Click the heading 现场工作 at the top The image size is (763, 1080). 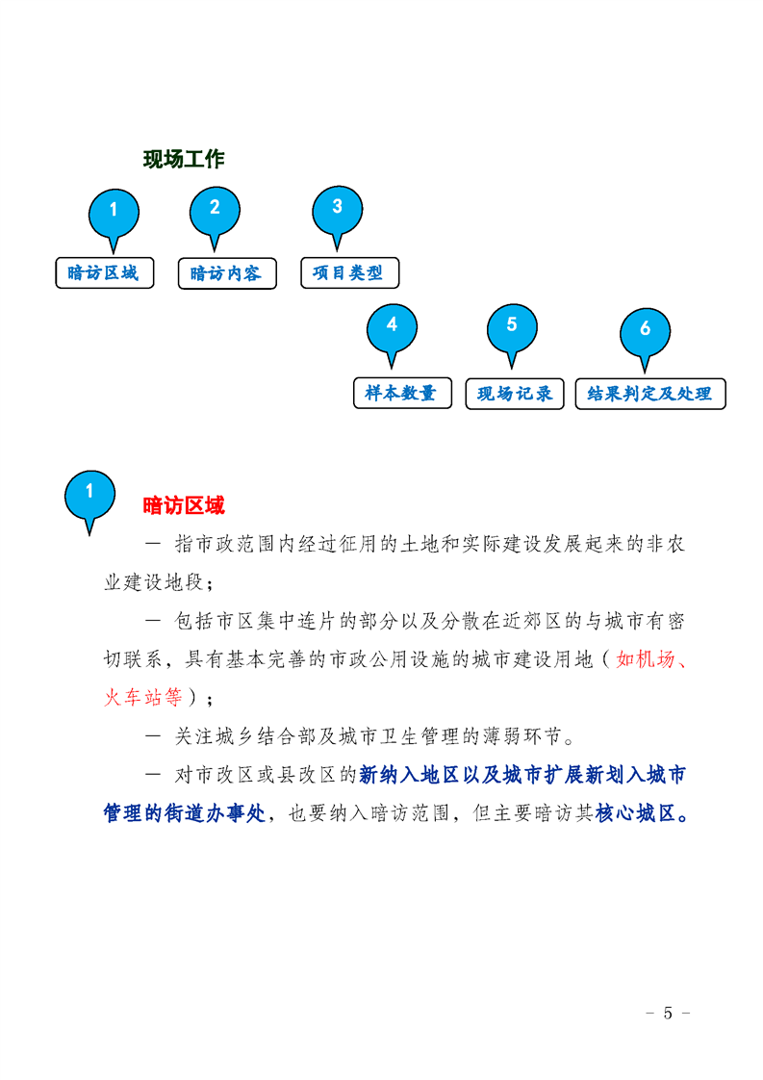pos(184,159)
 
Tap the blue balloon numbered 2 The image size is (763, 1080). pos(215,215)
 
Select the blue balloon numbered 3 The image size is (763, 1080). pos(338,213)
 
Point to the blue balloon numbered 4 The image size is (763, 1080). pos(392,331)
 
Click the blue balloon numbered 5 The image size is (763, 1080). pos(512,331)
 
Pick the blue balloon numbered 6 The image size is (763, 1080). pos(645,335)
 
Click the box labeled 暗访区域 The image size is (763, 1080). pos(105,272)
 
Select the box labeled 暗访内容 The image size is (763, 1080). pos(227,273)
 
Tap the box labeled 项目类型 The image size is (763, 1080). pos(350,272)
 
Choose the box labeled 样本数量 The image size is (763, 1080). pos(403,394)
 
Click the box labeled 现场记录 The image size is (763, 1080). pos(515,394)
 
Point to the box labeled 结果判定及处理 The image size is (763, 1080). pos(650,394)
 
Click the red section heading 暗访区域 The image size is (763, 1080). pos(184,505)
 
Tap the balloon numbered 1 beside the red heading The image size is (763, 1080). pos(89,499)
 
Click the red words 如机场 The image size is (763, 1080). pos(646,660)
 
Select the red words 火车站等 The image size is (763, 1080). pos(143,698)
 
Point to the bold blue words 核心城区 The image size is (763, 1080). pos(635,813)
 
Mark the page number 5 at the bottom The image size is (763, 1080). pos(668,1014)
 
